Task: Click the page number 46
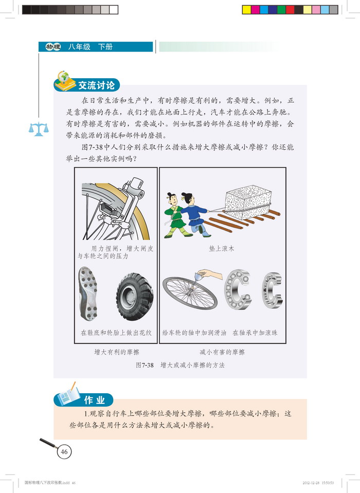click(64, 452)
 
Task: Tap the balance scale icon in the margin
click(39, 129)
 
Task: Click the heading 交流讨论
click(97, 85)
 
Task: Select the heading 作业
click(94, 400)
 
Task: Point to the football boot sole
click(87, 294)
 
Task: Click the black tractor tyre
click(135, 297)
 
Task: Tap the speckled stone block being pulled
click(248, 202)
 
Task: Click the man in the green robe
click(175, 215)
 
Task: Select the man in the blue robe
click(195, 214)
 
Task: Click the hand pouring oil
click(211, 273)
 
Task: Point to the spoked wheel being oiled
click(190, 293)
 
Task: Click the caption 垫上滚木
click(222, 248)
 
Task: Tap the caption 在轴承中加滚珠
click(255, 333)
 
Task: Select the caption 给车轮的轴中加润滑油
click(194, 333)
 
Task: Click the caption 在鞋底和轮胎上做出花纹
click(116, 333)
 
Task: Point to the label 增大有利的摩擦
click(117, 352)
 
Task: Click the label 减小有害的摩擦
click(222, 352)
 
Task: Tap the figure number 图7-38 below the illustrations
click(145, 365)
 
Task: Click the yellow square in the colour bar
click(246, 10)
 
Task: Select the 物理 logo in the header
click(53, 47)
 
